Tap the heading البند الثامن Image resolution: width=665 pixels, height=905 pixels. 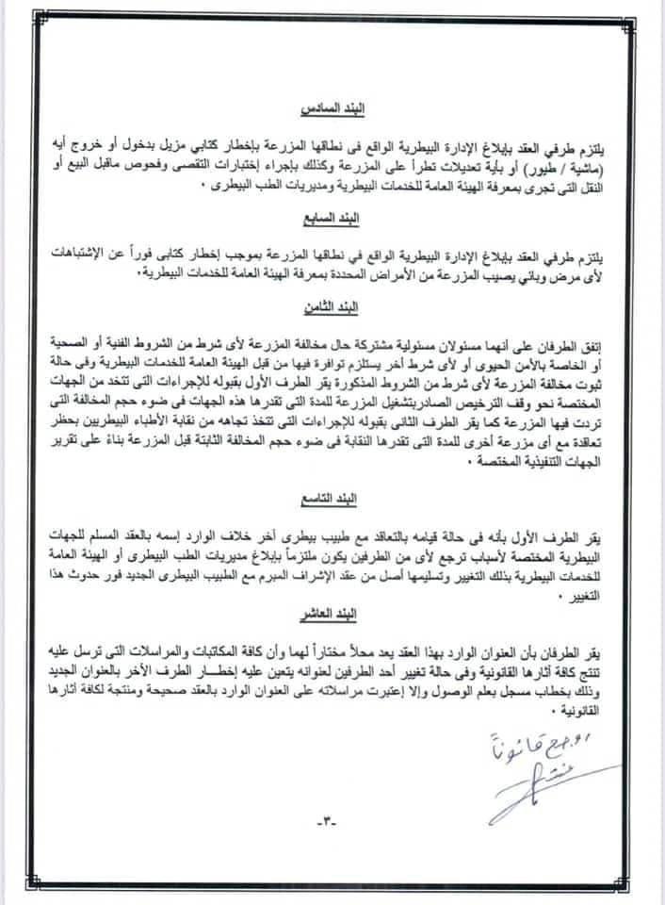click(332, 307)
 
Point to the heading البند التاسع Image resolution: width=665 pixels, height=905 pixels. click(332, 494)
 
